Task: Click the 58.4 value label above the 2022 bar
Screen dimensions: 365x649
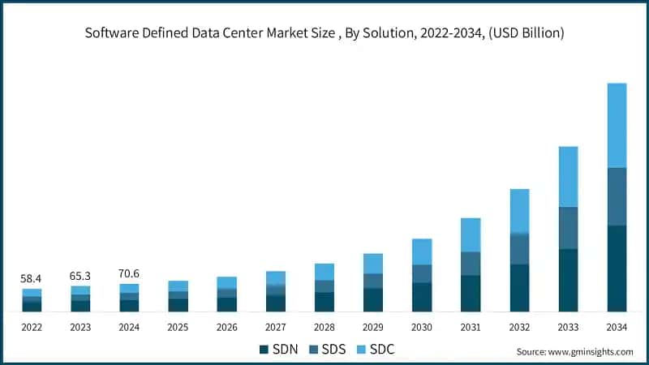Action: (32, 278)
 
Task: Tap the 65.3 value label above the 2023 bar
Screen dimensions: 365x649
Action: (80, 276)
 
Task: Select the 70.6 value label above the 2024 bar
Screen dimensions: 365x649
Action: (129, 273)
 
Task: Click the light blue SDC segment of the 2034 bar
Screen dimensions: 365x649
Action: (617, 125)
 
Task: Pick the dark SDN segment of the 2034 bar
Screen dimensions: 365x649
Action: (617, 268)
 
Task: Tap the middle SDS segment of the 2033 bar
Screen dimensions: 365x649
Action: (568, 228)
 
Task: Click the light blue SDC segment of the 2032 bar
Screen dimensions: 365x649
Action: (519, 211)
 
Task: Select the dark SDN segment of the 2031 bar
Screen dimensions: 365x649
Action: (471, 293)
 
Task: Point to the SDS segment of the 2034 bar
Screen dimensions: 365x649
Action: (617, 196)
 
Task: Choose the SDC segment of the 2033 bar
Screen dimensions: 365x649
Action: (568, 177)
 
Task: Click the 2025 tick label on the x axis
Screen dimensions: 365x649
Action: (178, 328)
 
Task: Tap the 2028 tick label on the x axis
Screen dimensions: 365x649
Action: (324, 328)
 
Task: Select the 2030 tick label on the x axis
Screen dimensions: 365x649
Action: (422, 328)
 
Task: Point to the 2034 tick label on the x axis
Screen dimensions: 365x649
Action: (617, 328)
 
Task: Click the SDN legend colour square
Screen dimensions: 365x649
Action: (264, 350)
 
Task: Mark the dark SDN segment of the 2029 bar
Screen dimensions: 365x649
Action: (373, 299)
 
